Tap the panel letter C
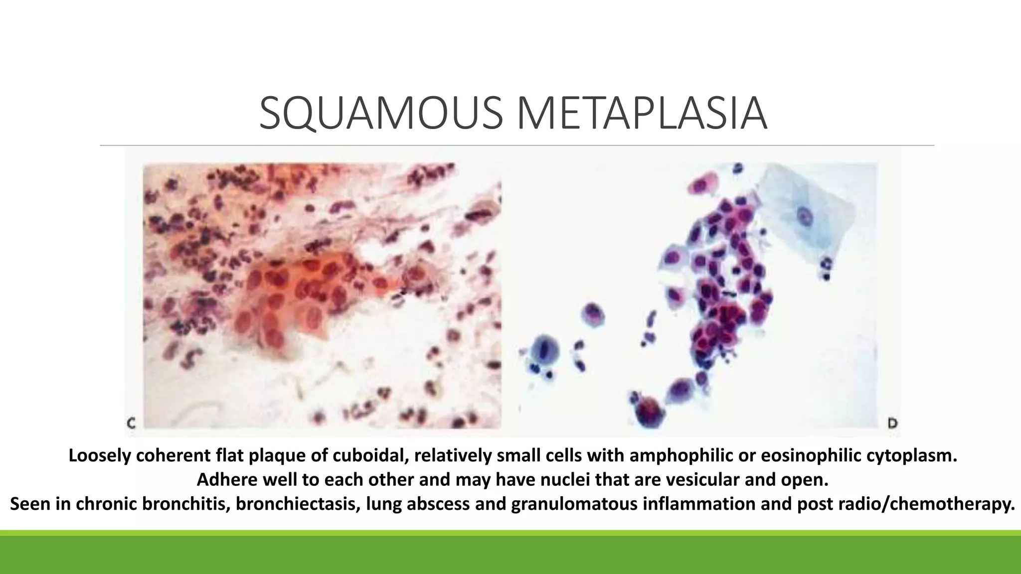131,424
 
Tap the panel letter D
892,424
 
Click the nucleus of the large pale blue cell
804,217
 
